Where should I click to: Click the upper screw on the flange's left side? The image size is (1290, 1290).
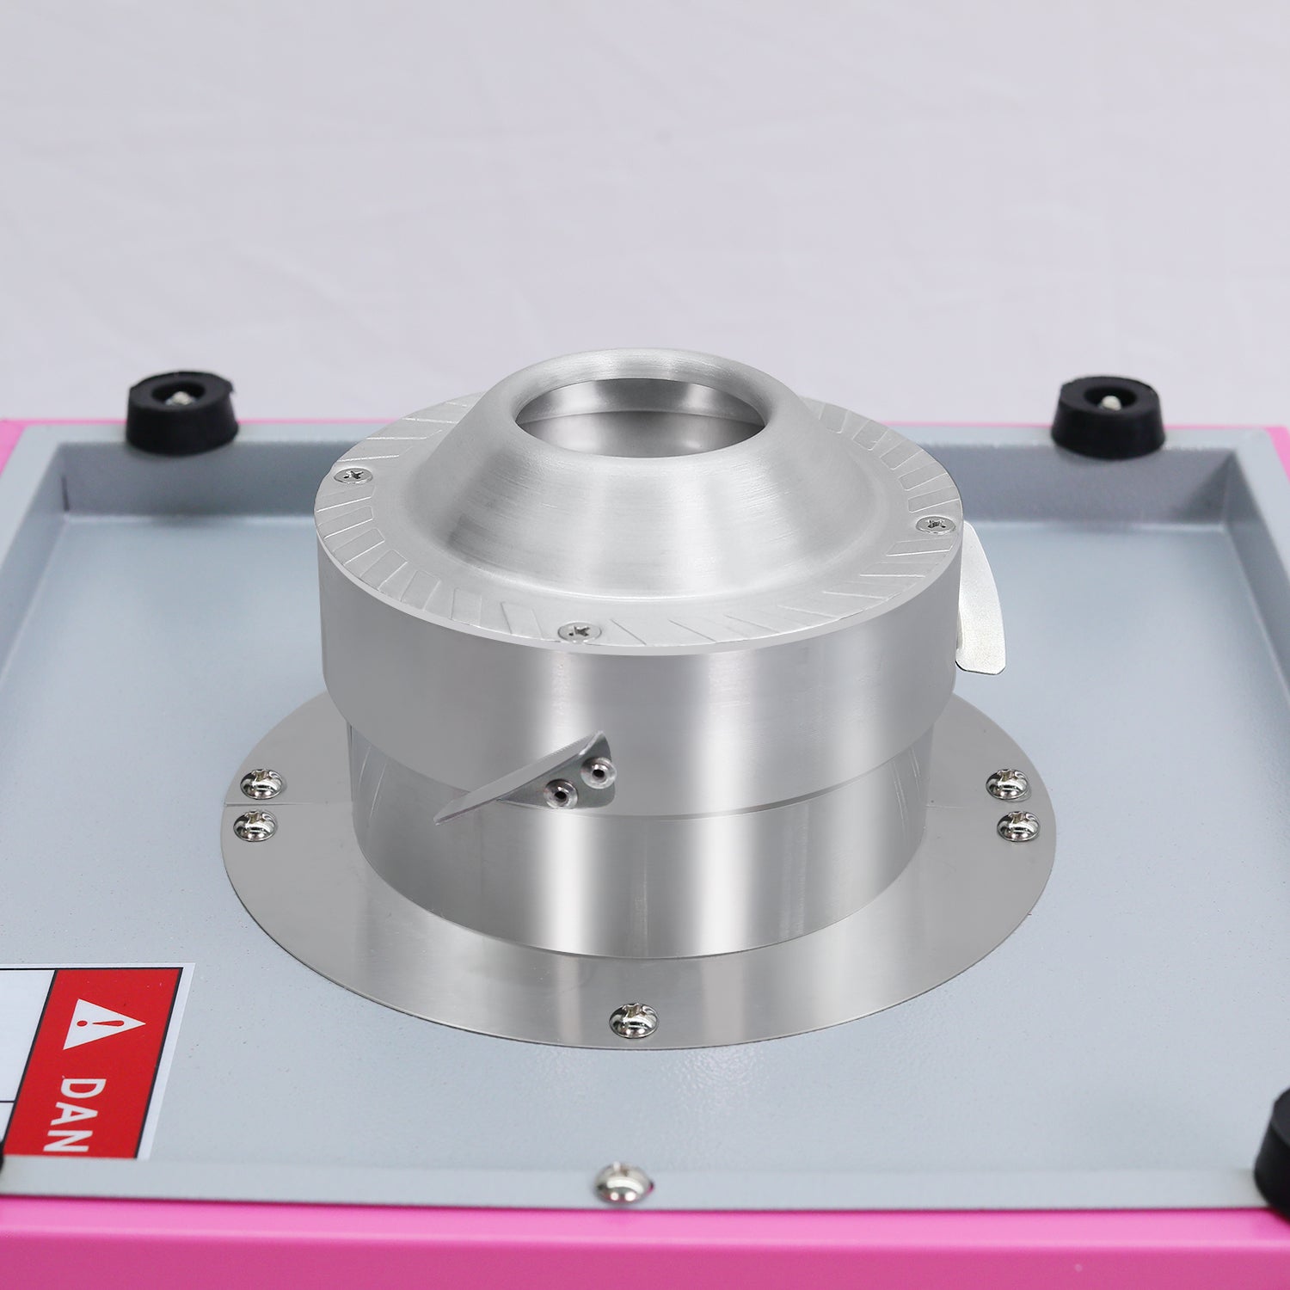[x=260, y=783]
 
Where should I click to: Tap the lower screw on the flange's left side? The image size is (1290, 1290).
[x=255, y=823]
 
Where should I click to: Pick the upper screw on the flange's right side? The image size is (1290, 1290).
[x=1007, y=783]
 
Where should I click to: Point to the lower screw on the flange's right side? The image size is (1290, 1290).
[x=1017, y=826]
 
